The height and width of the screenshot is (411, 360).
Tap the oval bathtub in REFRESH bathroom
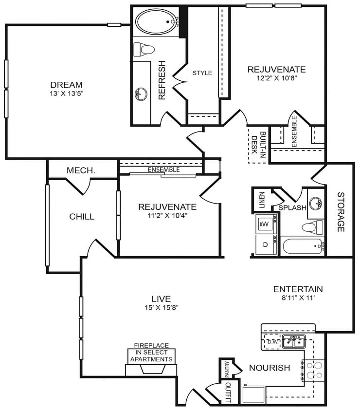click(157, 21)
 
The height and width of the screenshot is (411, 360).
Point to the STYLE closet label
click(202, 73)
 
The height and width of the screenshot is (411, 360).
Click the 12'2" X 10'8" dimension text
click(276, 77)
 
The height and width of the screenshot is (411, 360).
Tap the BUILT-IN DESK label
click(258, 143)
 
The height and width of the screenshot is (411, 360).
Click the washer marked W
click(266, 224)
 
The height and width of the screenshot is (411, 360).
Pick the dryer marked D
click(266, 245)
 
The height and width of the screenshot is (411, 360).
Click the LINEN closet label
click(261, 200)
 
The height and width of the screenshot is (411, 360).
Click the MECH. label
click(81, 170)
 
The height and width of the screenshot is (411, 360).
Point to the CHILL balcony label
click(82, 217)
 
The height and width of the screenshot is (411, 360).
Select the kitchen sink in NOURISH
click(294, 340)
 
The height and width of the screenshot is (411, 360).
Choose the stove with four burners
click(313, 370)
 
